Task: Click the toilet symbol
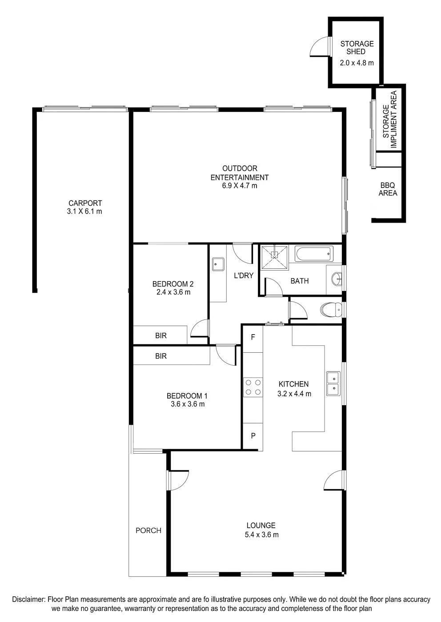pos(331,309)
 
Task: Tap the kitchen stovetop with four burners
pos(253,387)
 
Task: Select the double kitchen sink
pos(333,383)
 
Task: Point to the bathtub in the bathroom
pos(314,254)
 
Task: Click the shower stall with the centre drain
pos(274,257)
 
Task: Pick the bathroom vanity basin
pos(337,279)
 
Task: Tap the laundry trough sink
pos(218,264)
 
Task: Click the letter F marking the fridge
pos(253,337)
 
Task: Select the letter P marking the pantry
pos(253,436)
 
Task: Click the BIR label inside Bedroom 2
pos(161,336)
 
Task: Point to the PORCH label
pos(148,530)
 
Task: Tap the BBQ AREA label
pos(388,189)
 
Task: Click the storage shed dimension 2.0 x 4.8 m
pos(357,63)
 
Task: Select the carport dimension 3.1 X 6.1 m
pos(84,211)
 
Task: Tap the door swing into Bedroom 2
pos(199,328)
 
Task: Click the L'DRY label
pos(244,275)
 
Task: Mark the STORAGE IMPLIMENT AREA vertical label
pos(389,120)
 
